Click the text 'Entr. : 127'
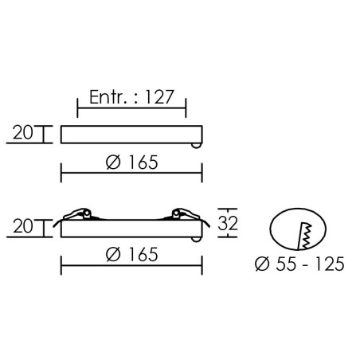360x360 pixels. pyautogui.click(x=131, y=97)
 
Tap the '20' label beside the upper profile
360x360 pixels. pyautogui.click(x=23, y=133)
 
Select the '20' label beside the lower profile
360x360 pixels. pyautogui.click(x=23, y=226)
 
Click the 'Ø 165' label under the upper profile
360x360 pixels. pyautogui.click(x=131, y=162)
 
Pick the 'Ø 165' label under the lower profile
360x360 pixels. pyautogui.click(x=131, y=254)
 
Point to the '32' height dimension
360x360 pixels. pyautogui.click(x=228, y=223)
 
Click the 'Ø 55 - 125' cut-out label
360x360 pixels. pyautogui.click(x=299, y=264)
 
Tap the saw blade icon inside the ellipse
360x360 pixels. pyautogui.click(x=305, y=237)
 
